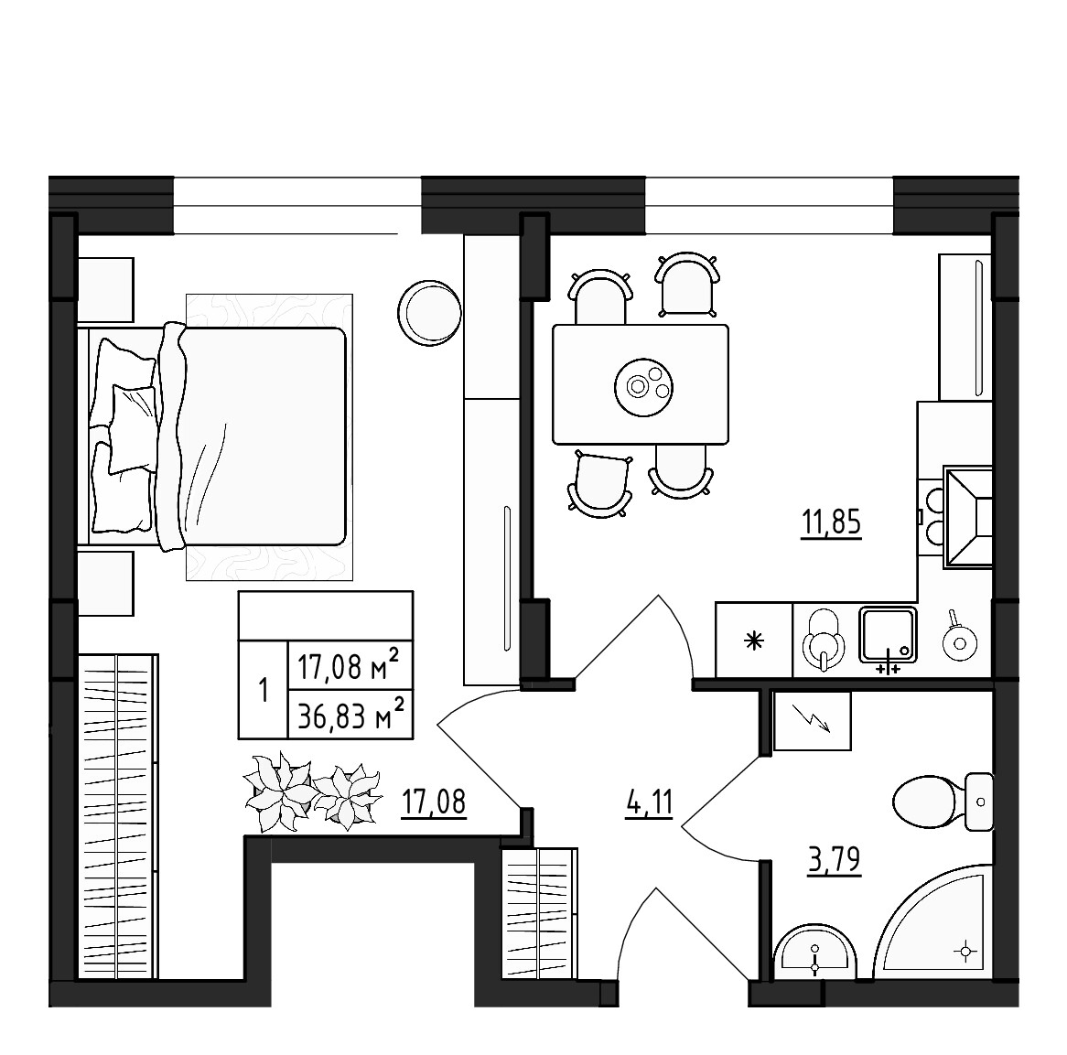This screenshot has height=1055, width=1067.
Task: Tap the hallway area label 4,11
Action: click(x=649, y=805)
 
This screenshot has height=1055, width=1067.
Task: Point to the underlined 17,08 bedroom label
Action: click(x=434, y=803)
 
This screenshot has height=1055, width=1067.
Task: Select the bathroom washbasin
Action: click(x=814, y=956)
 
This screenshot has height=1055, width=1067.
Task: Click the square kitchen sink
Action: click(x=887, y=633)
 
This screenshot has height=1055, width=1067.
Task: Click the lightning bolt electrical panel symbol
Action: click(x=813, y=720)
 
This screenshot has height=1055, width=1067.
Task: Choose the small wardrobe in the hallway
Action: click(x=540, y=915)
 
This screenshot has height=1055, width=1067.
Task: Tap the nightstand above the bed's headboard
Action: click(x=104, y=289)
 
